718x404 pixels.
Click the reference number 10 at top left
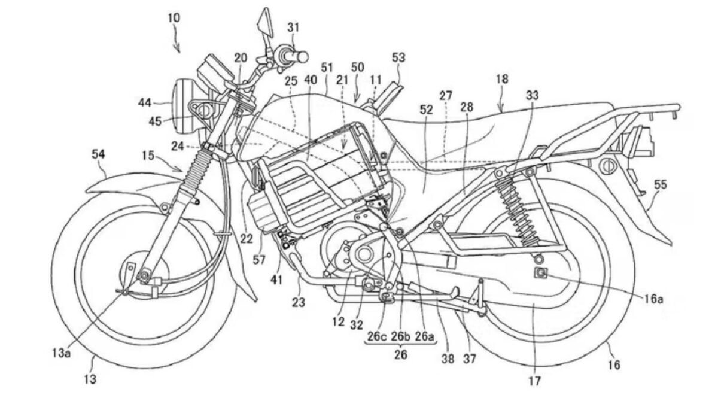[x=174, y=18]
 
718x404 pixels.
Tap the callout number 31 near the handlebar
[x=294, y=27]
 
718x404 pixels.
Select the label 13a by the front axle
[x=61, y=353]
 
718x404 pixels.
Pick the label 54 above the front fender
[x=98, y=154]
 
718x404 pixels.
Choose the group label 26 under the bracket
[x=401, y=354]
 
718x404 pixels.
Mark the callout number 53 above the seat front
[x=398, y=57]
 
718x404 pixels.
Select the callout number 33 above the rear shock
[x=533, y=95]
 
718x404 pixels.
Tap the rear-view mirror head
[x=263, y=23]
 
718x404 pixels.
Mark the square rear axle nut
[x=541, y=273]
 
